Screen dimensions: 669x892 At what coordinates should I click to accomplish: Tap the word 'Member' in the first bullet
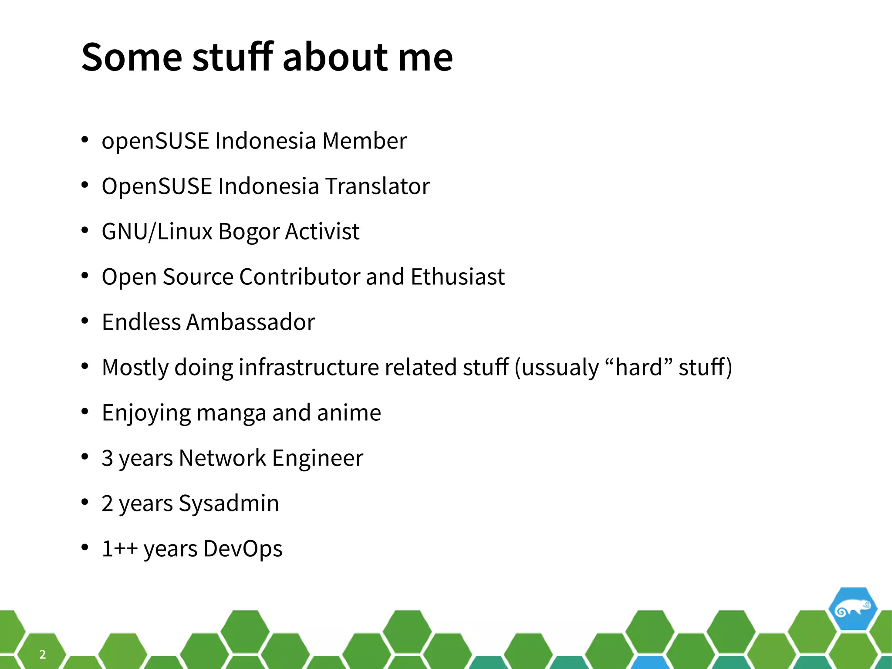pos(365,141)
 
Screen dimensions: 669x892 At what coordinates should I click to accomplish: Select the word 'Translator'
pos(377,186)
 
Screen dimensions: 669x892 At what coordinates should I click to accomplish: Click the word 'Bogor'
pos(249,232)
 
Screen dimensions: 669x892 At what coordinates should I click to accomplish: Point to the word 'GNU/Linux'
pos(157,231)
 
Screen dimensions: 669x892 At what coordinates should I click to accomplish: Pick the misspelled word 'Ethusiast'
pos(457,277)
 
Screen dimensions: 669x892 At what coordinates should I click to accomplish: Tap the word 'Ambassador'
pos(250,322)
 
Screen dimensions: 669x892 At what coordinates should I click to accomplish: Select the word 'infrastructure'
pos(308,367)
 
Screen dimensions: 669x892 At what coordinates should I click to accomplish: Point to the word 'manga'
pos(231,413)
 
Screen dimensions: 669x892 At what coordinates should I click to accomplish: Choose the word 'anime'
pos(349,412)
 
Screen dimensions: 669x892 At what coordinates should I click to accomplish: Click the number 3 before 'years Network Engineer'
pos(107,458)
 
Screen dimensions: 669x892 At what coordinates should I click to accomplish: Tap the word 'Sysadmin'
pos(229,503)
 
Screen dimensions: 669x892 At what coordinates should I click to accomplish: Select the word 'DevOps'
pos(243,549)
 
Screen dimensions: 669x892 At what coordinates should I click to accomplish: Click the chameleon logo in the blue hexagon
pos(852,608)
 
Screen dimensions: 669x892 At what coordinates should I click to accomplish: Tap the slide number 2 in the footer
pos(42,654)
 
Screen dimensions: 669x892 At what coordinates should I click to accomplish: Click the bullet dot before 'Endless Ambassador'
pos(85,321)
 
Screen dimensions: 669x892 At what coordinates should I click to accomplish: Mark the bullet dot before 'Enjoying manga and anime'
pos(85,412)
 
